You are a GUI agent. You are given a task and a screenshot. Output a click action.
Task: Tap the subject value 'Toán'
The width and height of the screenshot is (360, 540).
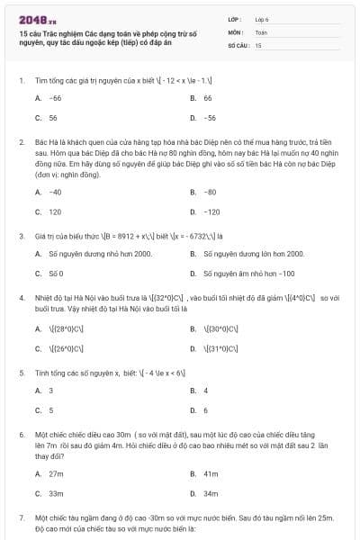(261, 31)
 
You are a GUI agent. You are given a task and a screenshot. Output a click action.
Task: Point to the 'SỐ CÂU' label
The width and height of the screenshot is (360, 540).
(238, 44)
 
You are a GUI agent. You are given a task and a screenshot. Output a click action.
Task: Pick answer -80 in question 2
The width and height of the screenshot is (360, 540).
(210, 192)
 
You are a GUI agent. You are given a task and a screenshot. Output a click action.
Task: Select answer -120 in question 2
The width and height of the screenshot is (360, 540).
(211, 212)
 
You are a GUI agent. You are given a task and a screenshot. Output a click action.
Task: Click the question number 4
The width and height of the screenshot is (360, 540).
(22, 296)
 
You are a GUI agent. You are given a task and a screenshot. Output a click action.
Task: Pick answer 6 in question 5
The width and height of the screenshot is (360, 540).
(206, 410)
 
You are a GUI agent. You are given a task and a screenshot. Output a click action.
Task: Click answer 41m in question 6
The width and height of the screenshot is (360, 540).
(211, 473)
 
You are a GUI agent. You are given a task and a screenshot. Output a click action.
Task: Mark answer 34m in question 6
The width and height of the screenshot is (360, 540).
(211, 493)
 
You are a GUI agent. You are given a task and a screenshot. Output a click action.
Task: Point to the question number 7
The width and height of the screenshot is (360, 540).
(22, 519)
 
